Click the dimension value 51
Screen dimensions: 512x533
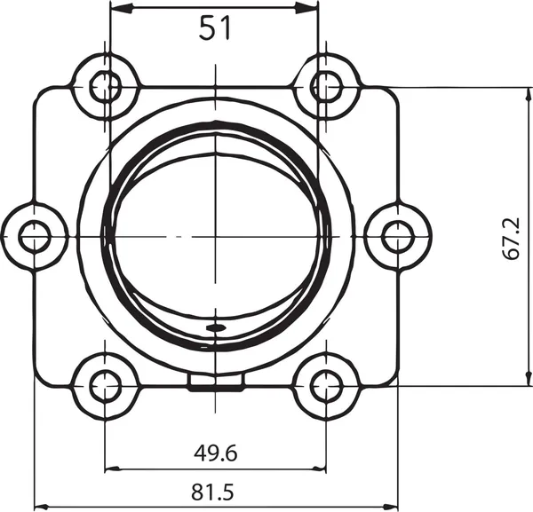pos(214,29)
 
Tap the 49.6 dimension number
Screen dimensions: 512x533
pos(215,453)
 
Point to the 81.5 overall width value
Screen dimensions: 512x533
pos(215,490)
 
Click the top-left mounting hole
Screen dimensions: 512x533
pos(105,86)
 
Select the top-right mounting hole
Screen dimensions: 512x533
pos(326,86)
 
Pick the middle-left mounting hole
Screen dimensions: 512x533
pos(35,236)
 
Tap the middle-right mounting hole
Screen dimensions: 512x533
pos(397,236)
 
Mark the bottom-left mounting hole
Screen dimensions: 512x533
pos(105,385)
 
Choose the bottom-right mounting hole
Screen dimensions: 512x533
pos(326,385)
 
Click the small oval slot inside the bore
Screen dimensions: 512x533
pos(215,327)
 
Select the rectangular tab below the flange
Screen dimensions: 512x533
pos(216,381)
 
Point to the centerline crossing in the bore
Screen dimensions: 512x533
pos(215,236)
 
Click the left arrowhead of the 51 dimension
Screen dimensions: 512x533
pos(116,8)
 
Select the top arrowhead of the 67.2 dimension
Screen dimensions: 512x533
pos(523,92)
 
